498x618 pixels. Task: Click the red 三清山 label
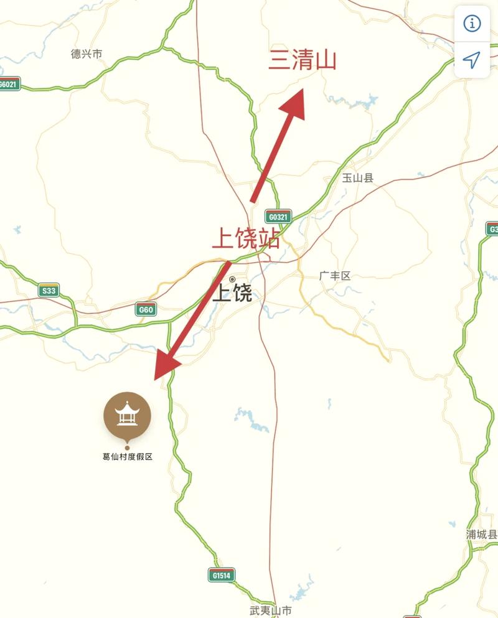point(302,61)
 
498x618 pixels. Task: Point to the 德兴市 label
point(87,54)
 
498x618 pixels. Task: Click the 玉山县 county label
point(358,178)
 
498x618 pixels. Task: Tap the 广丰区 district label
point(334,276)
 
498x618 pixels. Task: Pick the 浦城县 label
point(482,535)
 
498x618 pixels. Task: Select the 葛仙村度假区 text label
point(127,456)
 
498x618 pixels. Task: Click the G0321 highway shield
point(278,217)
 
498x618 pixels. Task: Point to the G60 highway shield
point(146,309)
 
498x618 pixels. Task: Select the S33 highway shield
point(49,290)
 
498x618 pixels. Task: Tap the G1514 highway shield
point(221,576)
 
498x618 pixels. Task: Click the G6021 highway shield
point(9,84)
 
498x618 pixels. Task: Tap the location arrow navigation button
point(472,60)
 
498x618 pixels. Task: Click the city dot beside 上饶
point(232,279)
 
